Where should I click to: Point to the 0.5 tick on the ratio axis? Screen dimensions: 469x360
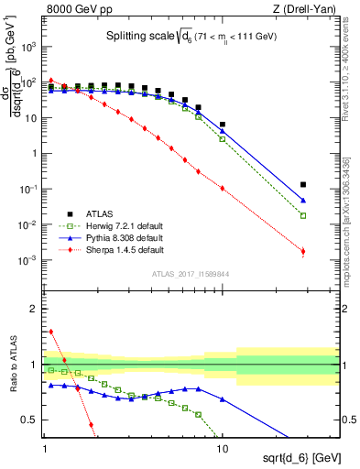[31, 420]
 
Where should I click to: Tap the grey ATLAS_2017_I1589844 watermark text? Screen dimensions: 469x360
[185, 274]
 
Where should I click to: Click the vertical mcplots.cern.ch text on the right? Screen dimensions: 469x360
[352, 220]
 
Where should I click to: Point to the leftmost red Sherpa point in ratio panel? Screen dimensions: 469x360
[51, 332]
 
